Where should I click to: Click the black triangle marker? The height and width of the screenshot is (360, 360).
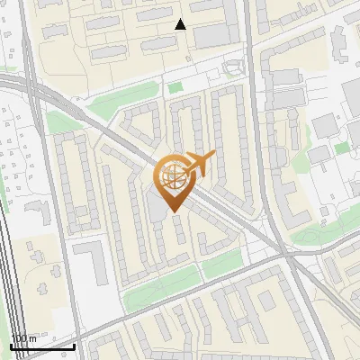coord(180,24)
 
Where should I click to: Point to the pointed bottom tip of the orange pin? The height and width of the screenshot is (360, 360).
coord(171,212)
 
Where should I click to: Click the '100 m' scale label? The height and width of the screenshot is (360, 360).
coord(23,338)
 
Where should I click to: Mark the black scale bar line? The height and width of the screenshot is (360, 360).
coord(42,346)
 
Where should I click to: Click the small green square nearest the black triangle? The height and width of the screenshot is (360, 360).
coord(175,87)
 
